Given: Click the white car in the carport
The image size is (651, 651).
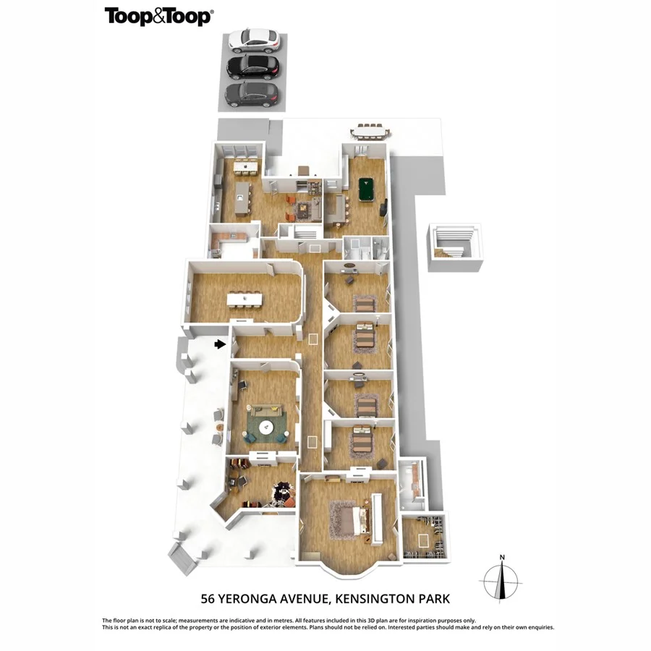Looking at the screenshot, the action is pyautogui.click(x=253, y=41).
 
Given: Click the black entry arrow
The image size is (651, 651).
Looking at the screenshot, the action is pyautogui.click(x=220, y=344).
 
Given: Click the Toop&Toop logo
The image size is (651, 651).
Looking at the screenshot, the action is pyautogui.click(x=159, y=16).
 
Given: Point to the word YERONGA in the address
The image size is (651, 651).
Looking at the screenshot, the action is pyautogui.click(x=247, y=599).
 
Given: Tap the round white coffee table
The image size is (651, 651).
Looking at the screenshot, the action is pyautogui.click(x=265, y=427).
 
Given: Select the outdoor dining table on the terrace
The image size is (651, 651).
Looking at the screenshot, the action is pyautogui.click(x=370, y=132).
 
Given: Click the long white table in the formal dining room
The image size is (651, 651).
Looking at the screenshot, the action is pyautogui.click(x=245, y=299).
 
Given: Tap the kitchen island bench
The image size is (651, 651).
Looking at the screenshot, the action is pyautogui.click(x=243, y=198).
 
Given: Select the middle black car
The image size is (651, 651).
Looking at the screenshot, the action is pyautogui.click(x=253, y=67).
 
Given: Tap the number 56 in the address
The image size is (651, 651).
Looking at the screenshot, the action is pyautogui.click(x=208, y=599).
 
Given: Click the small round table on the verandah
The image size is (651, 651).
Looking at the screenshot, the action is pyautogui.click(x=220, y=427).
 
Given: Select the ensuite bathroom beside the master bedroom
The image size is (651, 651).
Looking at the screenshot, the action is pyautogui.click(x=412, y=484).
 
